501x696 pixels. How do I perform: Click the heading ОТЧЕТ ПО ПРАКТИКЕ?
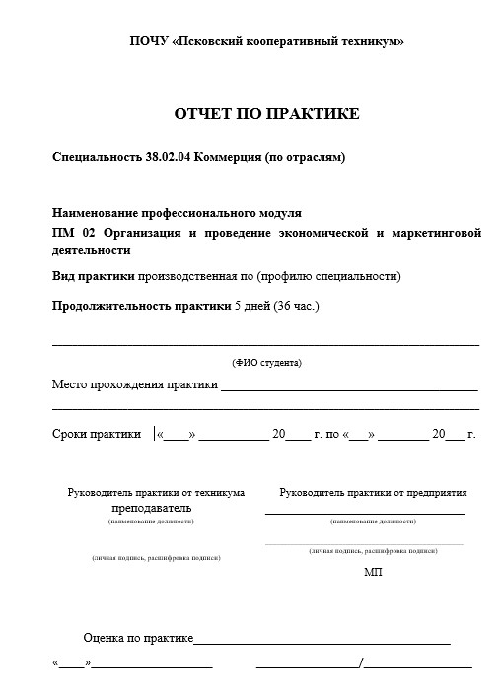[266, 115]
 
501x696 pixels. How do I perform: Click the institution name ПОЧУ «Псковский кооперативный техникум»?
[266, 41]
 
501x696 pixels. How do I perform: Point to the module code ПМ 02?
[73, 233]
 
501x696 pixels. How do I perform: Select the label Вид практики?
[94, 276]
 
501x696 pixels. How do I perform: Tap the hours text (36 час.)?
[296, 306]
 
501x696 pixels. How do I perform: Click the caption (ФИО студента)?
[266, 363]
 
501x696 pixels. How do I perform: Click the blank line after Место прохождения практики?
[349, 387]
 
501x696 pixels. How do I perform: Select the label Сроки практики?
[96, 434]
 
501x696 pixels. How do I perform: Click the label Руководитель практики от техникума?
[156, 492]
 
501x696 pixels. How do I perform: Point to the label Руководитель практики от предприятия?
[373, 492]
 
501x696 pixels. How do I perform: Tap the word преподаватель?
[152, 508]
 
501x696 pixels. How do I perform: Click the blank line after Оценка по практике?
[322, 641]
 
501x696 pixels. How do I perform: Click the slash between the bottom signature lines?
[361, 662]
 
